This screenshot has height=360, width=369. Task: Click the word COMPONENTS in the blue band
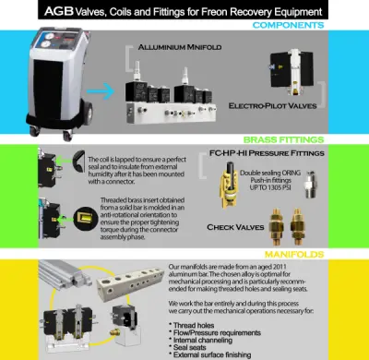[x=328, y=26]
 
